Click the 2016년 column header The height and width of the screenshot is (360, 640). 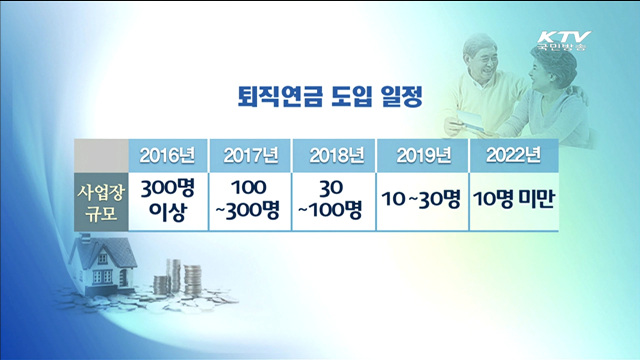click(x=168, y=155)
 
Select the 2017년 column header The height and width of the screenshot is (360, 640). click(x=249, y=155)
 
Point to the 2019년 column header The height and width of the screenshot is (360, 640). click(x=423, y=155)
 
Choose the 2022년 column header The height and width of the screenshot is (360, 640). click(x=513, y=155)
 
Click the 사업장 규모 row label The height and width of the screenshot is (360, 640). click(x=100, y=200)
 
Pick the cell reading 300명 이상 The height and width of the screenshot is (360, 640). click(x=168, y=200)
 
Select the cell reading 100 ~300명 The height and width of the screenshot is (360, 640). click(x=249, y=200)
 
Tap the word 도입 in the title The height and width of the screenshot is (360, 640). click(x=335, y=97)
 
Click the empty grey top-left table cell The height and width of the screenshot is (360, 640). click(x=100, y=155)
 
